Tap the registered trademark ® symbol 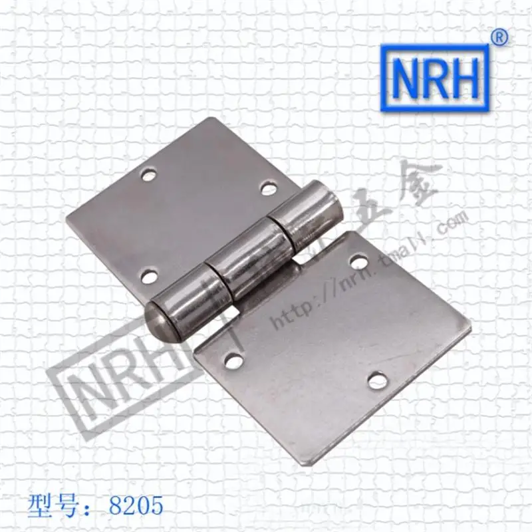[499, 38]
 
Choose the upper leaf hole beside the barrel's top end [268, 189]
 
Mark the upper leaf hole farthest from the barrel [148, 176]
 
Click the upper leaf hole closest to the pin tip [150, 274]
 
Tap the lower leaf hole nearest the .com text [359, 263]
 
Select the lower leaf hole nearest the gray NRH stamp [233, 361]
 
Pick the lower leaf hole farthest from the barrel [378, 380]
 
